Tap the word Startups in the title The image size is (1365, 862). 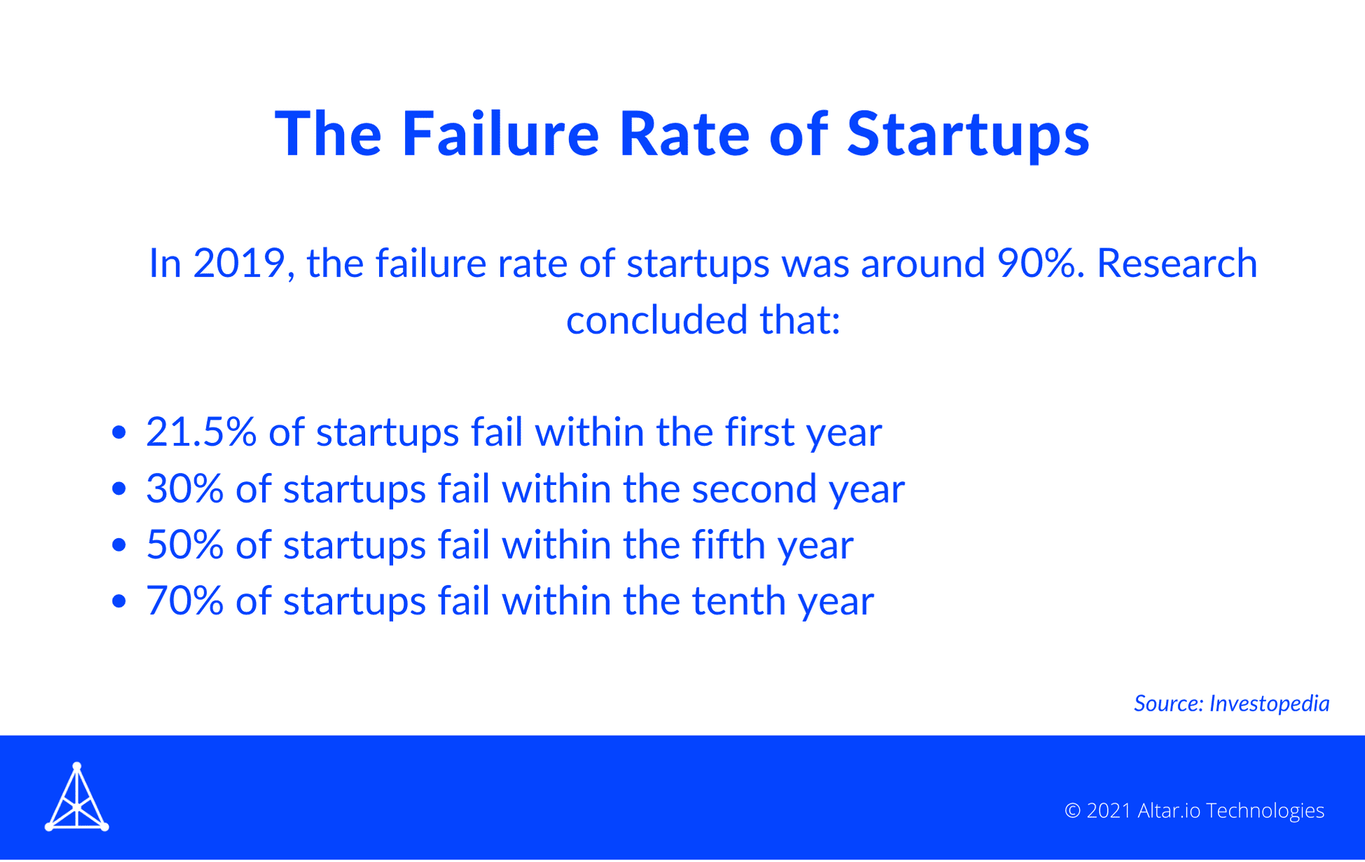pyautogui.click(x=968, y=135)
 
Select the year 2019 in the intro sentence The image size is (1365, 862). pyautogui.click(x=239, y=264)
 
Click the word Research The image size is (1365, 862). pyautogui.click(x=1177, y=264)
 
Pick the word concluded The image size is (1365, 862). pyautogui.click(x=657, y=320)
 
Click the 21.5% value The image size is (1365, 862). pyautogui.click(x=201, y=432)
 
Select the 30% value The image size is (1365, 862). pyautogui.click(x=185, y=488)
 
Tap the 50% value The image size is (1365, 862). pyautogui.click(x=185, y=545)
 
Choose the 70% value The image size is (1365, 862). pyautogui.click(x=185, y=601)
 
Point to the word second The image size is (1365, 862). pyautogui.click(x=754, y=488)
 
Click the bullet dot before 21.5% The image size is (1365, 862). pyautogui.click(x=119, y=432)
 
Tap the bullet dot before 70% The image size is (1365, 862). pyautogui.click(x=119, y=601)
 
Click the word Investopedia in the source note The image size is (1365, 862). pyautogui.click(x=1269, y=704)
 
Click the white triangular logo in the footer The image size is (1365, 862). pyautogui.click(x=77, y=798)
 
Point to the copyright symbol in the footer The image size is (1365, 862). pyautogui.click(x=1072, y=811)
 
